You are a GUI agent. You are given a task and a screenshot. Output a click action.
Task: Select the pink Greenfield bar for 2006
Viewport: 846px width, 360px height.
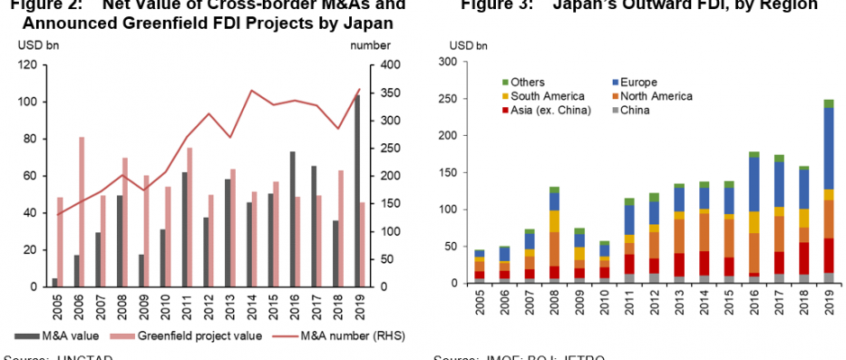tap(82, 211)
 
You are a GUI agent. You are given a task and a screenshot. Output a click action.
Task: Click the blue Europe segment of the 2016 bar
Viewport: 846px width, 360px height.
tap(754, 184)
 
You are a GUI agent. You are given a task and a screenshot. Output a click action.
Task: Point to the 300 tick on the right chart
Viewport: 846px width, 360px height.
tap(459, 62)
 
